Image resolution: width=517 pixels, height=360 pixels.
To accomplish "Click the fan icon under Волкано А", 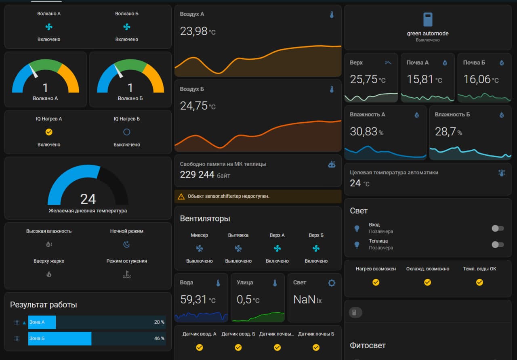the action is coord(49,27).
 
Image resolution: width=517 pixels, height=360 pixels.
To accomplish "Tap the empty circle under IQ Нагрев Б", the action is coord(127,132).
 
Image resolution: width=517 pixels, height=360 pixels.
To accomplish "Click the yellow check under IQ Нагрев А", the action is coord(49,132).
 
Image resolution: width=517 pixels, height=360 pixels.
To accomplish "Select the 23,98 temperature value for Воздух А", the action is coord(193,31).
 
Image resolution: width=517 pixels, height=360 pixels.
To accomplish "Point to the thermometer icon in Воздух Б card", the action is coord(332,90).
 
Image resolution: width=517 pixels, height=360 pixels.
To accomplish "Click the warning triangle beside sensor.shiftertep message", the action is coord(181,197).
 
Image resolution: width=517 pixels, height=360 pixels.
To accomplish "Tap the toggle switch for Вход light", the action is coord(498,228).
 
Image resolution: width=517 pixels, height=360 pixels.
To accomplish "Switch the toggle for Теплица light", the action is coord(498,245).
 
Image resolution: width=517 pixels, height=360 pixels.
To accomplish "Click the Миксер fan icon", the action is coord(200,248).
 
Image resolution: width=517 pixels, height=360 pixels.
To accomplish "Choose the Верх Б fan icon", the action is coord(316,248).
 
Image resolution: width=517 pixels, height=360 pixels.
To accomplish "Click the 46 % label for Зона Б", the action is coord(159,338).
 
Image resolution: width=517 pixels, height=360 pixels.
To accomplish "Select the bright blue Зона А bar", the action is coord(42,322).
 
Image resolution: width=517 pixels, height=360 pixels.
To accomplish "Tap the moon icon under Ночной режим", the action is coord(126,244).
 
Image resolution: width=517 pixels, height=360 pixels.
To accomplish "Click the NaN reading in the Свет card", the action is coord(304,299).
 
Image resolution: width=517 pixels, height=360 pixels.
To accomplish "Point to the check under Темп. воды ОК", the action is coord(479,282).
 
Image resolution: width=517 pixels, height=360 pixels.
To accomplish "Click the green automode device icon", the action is coord(428,20).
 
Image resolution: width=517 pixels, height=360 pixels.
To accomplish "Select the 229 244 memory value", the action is coord(197,175).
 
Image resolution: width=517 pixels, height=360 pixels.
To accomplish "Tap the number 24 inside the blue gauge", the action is coord(88,199).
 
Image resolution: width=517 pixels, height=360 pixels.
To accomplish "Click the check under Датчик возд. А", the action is coord(200,347).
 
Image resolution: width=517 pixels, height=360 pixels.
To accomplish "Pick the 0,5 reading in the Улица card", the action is coord(244,299).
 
